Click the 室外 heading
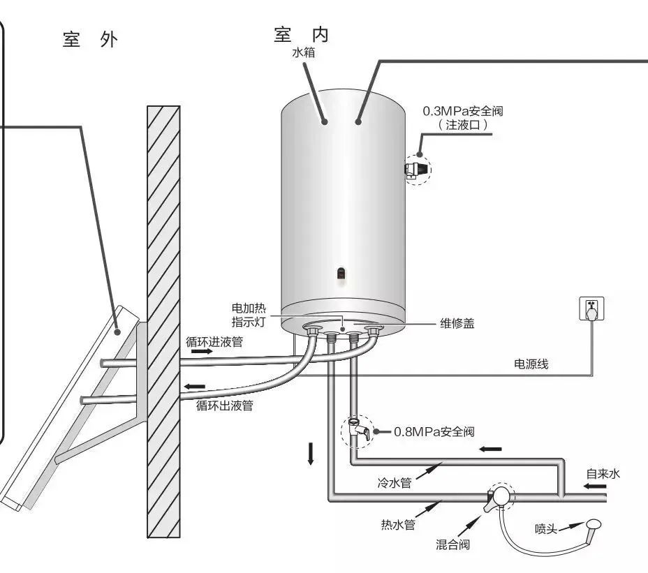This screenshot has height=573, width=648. pyautogui.click(x=90, y=40)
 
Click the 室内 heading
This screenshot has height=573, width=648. pyautogui.click(x=301, y=34)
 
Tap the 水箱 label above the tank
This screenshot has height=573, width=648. pyautogui.click(x=302, y=52)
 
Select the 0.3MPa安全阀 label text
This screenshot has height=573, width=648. pyautogui.click(x=463, y=111)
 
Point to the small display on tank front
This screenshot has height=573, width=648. pyautogui.click(x=341, y=274)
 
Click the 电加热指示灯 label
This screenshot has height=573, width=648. pyautogui.click(x=249, y=315)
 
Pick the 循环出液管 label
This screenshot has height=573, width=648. pyautogui.click(x=224, y=405)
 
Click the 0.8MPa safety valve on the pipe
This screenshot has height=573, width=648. pyautogui.click(x=355, y=428)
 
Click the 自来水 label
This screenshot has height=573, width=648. pyautogui.click(x=603, y=474)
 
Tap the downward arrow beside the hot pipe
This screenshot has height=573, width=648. pyautogui.click(x=311, y=454)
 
